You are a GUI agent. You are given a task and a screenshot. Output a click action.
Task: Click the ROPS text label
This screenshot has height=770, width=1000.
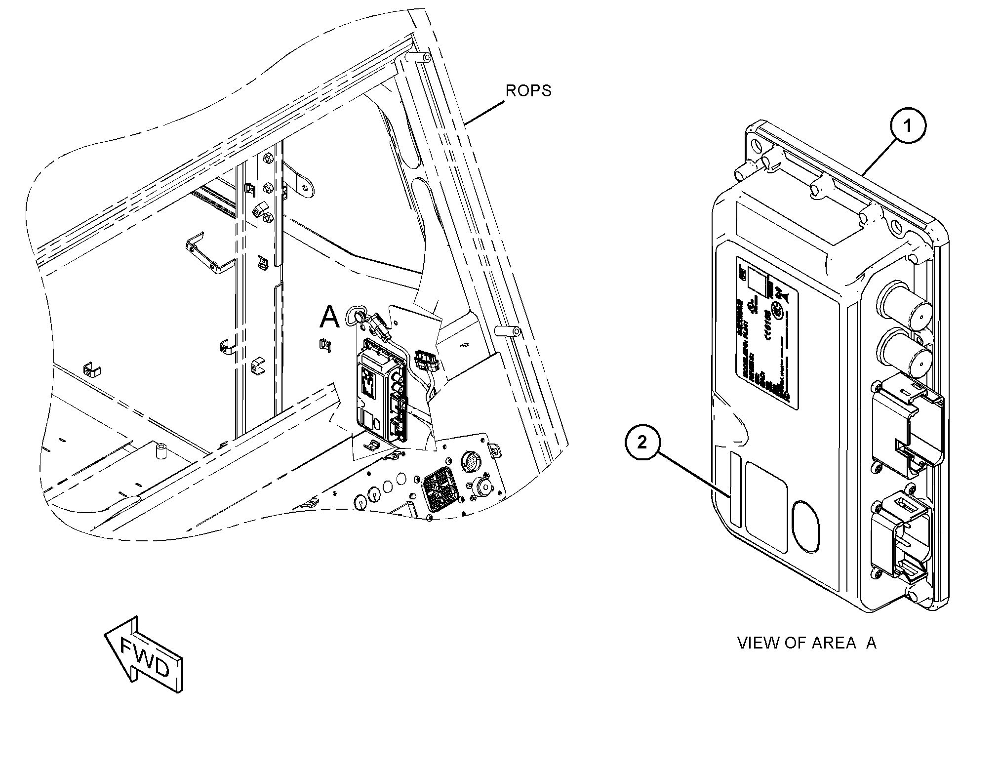528,91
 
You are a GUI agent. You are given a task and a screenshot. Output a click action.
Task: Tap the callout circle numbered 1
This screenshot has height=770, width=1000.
907,126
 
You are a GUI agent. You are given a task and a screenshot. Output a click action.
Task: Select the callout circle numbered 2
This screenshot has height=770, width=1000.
641,442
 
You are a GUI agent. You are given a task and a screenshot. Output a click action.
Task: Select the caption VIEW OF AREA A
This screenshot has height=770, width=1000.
806,643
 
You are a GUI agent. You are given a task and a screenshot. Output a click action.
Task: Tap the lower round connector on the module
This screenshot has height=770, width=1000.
903,354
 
